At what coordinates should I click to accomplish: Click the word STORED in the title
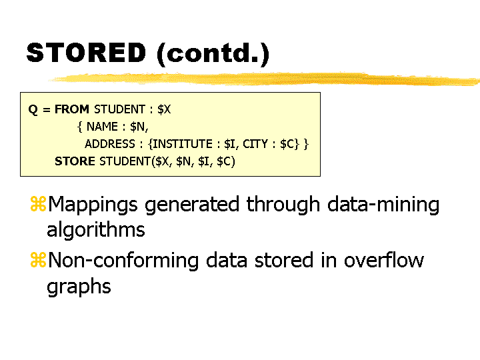click(x=86, y=53)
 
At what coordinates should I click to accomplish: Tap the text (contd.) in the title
click(x=213, y=54)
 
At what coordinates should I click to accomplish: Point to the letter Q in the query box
click(x=33, y=109)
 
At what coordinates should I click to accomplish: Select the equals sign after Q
click(x=47, y=109)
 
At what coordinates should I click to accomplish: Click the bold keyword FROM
click(x=71, y=109)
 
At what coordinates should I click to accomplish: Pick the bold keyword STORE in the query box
click(x=75, y=161)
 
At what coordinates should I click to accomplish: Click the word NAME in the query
click(x=102, y=127)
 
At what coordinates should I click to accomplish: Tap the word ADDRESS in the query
click(x=110, y=144)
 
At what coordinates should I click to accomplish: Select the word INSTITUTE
click(x=183, y=144)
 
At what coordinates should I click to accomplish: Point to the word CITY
click(x=255, y=144)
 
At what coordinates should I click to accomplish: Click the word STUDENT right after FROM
click(x=120, y=109)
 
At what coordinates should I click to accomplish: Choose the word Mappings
click(x=93, y=205)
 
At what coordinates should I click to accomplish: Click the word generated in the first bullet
click(x=192, y=205)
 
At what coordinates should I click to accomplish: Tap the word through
click(x=283, y=205)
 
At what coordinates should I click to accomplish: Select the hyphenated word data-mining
click(x=383, y=205)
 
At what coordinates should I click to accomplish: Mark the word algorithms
click(x=95, y=230)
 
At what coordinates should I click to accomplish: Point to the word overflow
click(x=384, y=260)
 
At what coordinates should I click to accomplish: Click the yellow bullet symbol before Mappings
click(x=38, y=204)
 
